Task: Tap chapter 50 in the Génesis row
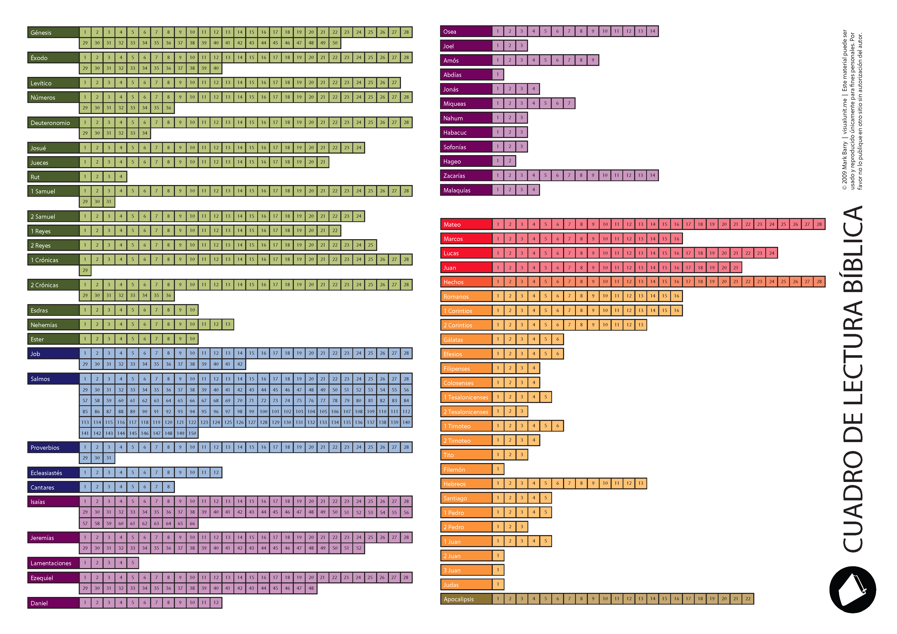point(335,43)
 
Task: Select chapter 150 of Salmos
point(192,433)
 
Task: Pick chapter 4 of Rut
point(121,177)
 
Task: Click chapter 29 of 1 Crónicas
point(85,270)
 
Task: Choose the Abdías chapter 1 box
point(498,74)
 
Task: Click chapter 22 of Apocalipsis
point(747,598)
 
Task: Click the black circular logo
point(853,590)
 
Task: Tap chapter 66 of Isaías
point(192,523)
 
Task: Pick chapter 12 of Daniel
point(216,602)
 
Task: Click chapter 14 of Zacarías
point(653,175)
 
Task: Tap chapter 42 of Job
point(240,364)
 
